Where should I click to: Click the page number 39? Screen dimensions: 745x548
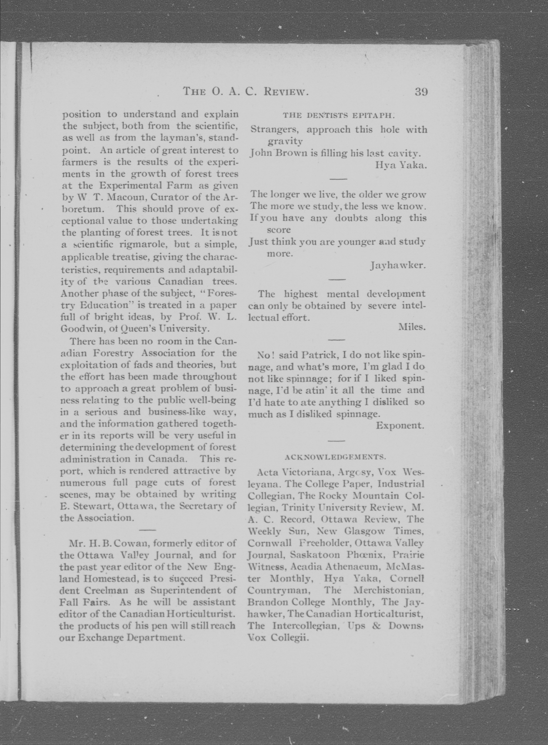421,92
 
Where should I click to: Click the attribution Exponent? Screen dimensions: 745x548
400,425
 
